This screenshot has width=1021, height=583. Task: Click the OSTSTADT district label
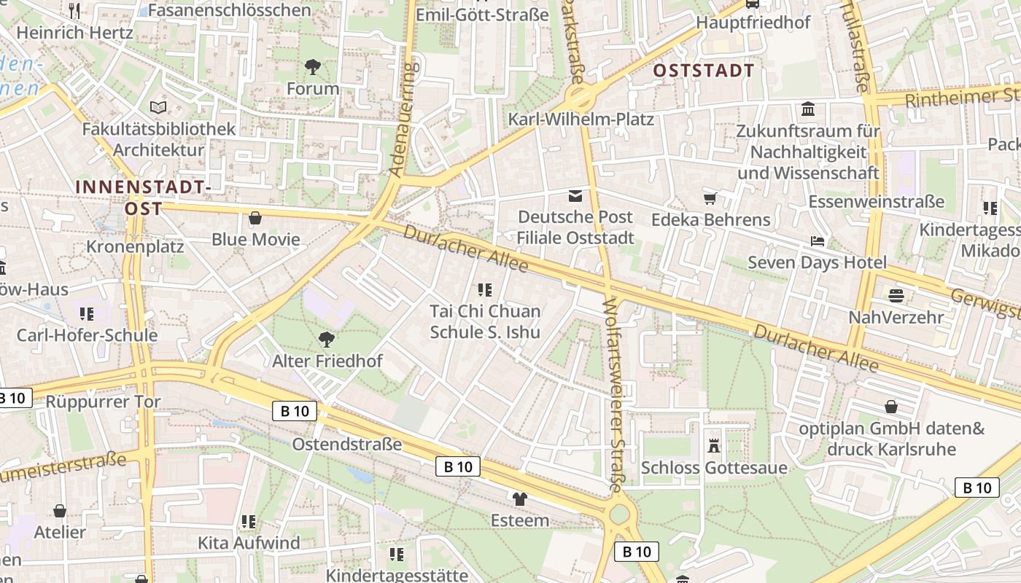703,71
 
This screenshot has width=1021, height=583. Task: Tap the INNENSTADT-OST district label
143,197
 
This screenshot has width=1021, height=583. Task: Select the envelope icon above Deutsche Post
576,195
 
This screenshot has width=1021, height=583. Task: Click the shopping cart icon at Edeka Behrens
710,198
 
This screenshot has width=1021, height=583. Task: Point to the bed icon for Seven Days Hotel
818,241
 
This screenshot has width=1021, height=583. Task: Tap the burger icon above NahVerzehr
896,296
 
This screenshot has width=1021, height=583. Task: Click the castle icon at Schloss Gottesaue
714,445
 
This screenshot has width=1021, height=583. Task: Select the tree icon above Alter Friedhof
327,339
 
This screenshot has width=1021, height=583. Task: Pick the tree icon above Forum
313,68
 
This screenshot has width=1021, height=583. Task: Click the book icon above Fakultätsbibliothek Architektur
158,108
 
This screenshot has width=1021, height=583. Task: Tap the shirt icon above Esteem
519,499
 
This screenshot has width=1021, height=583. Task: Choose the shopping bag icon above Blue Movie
255,218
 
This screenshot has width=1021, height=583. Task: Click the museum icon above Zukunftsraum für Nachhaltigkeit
808,110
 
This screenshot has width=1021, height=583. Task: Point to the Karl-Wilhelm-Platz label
581,119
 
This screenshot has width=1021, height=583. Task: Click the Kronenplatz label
135,246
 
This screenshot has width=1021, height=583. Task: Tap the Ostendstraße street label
347,444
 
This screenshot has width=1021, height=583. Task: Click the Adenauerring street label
403,120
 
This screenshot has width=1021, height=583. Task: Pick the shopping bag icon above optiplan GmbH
891,406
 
